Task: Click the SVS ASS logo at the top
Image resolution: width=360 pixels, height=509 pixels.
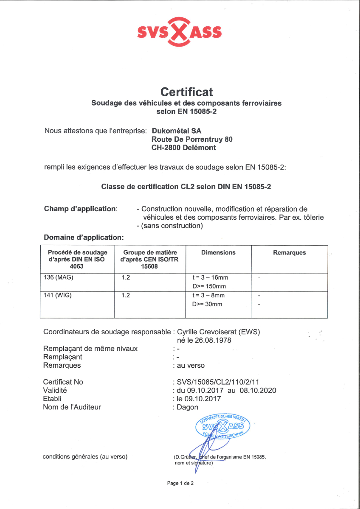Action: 180,32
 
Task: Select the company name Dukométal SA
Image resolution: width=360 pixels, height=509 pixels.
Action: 174,131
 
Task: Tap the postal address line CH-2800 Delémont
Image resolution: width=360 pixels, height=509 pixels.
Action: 183,148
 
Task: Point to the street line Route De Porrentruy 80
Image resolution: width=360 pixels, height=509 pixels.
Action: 192,139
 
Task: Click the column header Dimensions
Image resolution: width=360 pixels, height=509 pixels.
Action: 218,252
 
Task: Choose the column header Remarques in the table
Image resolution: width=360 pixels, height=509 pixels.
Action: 289,252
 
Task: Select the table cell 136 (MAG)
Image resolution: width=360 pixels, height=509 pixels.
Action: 58,277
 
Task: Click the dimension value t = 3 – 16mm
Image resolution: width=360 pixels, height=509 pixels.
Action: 210,277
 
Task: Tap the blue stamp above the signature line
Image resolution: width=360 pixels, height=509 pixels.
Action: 222,425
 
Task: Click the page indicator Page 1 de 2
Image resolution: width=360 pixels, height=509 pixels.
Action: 180,483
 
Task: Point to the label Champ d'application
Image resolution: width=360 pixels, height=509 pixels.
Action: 80,209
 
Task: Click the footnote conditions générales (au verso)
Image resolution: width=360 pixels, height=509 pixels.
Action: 85,457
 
